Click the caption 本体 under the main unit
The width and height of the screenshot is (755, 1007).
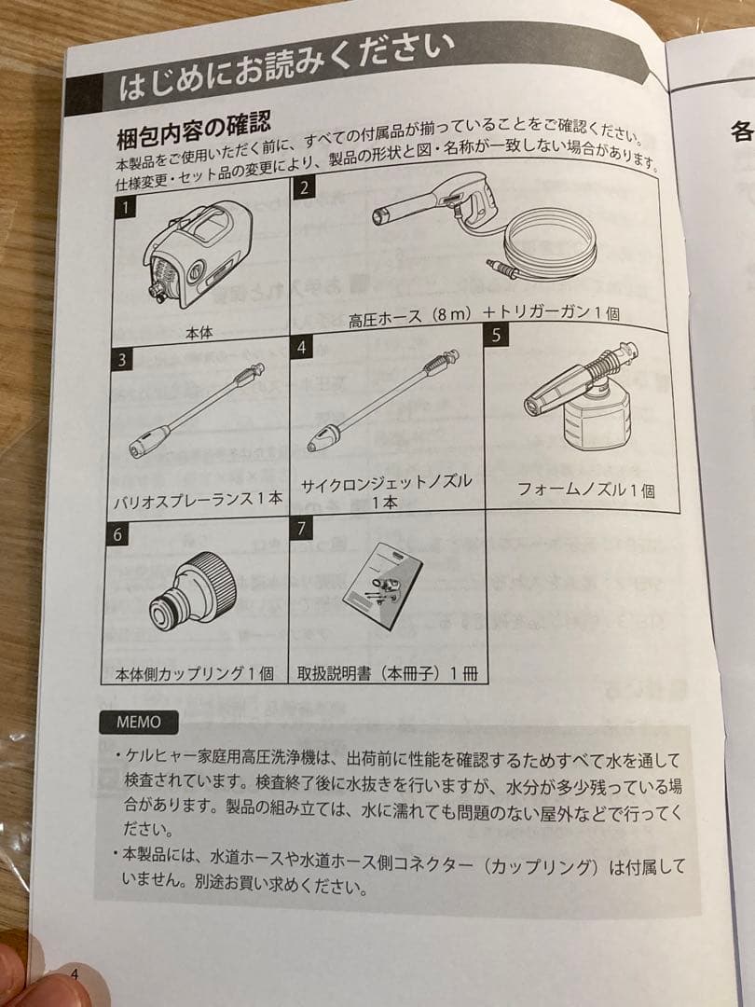199,331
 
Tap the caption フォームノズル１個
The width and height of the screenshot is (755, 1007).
585,490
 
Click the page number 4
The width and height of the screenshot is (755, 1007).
75,974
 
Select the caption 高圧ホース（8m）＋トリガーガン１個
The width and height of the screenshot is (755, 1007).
484,315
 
